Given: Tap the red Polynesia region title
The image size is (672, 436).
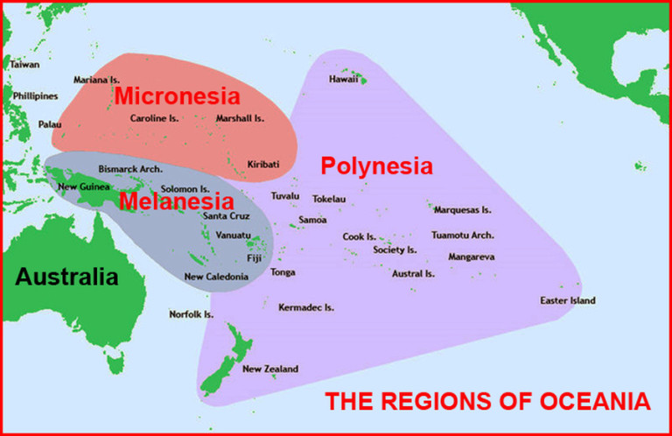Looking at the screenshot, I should point(377,165).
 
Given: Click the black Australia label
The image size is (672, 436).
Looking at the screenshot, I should point(66,278).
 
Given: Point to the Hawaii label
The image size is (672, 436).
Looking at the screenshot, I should point(343,79).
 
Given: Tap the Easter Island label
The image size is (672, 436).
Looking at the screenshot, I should point(567,301).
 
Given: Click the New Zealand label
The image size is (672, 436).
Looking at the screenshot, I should point(270,369).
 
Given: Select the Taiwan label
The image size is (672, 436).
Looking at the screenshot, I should point(24,64).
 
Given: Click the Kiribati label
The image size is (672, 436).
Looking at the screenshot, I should point(263,164).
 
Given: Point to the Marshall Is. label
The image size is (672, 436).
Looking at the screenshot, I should point(240,118).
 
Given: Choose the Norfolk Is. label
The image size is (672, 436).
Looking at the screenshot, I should point(192,313).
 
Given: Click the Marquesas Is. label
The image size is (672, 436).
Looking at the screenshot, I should point(462,210).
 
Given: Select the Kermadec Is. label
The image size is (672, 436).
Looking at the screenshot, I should point(306,307).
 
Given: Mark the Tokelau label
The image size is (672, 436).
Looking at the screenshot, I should point(329,199).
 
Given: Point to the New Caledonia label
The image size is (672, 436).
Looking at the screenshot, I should point(216,277).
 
